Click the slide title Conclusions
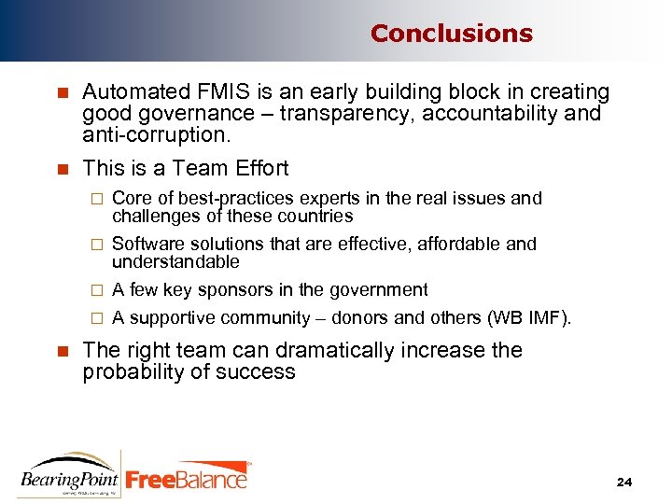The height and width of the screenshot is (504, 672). (451, 34)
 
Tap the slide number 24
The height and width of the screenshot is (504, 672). (624, 482)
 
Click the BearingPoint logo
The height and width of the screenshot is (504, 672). (69, 475)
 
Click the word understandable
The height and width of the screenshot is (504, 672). (175, 262)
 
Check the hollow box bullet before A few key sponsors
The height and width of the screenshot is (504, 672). (93, 290)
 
